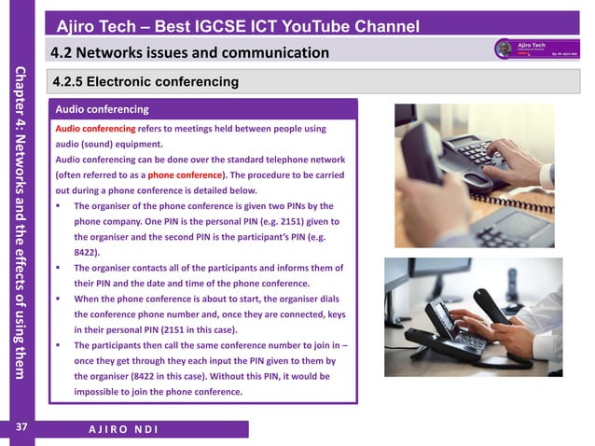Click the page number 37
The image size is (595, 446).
coord(20,428)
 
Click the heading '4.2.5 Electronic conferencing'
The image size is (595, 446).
coord(145,82)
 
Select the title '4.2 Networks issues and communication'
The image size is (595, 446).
coord(189,52)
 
